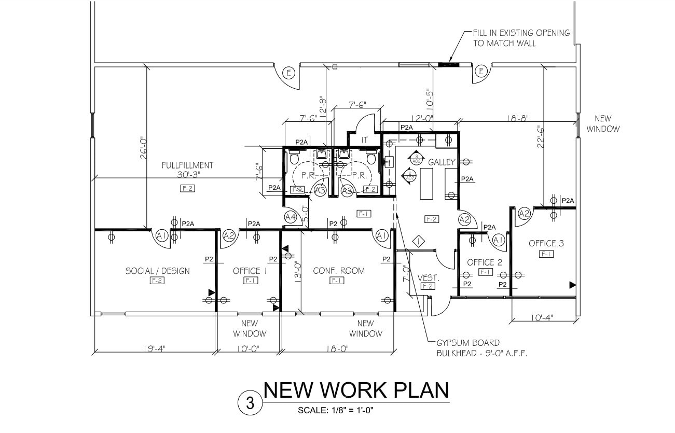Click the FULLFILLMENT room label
pyautogui.click(x=187, y=165)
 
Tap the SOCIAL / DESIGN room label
pyautogui.click(x=158, y=271)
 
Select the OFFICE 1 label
pyautogui.click(x=250, y=271)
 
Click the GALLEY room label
pyautogui.click(x=442, y=162)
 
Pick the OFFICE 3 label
pyautogui.click(x=546, y=243)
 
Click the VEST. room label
pyautogui.click(x=429, y=278)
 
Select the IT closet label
pyautogui.click(x=365, y=140)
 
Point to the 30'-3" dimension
pyautogui.click(x=188, y=175)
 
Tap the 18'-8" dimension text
pyautogui.click(x=517, y=118)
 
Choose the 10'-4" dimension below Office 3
pyautogui.click(x=543, y=318)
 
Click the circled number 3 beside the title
pyautogui.click(x=250, y=403)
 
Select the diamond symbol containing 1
pyautogui.click(x=418, y=241)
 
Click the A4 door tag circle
pyautogui.click(x=291, y=216)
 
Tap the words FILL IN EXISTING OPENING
pyautogui.click(x=521, y=33)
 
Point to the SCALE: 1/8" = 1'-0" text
pyautogui.click(x=336, y=410)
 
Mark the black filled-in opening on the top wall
pyautogui.click(x=446, y=65)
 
